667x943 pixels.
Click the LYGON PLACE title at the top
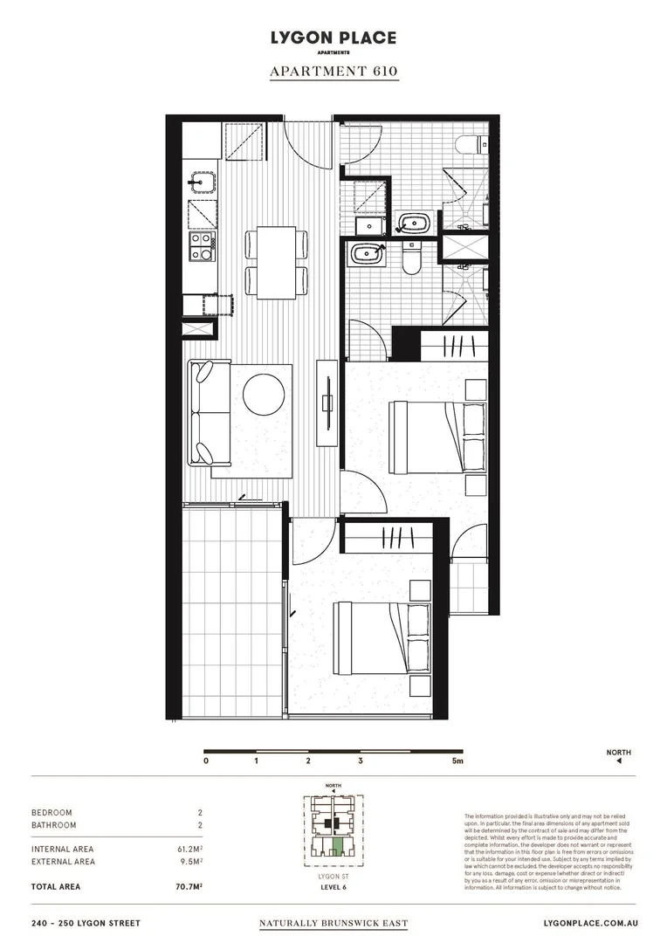point(333,38)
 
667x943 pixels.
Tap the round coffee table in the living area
point(265,394)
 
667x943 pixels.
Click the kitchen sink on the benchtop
point(203,182)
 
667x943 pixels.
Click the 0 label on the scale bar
point(206,761)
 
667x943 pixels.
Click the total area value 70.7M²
point(190,886)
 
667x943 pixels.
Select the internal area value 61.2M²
point(190,849)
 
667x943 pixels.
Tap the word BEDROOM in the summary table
point(52,812)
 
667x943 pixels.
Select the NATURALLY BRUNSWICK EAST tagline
point(333,923)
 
